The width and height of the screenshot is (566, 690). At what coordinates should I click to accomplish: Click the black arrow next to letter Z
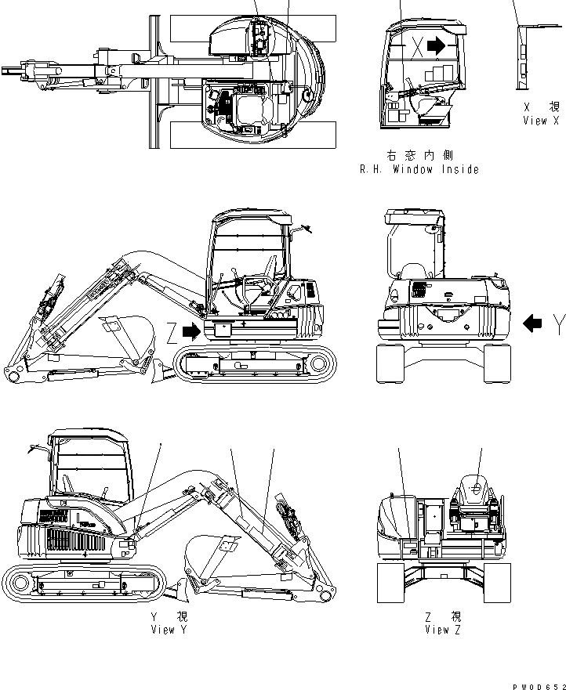190,331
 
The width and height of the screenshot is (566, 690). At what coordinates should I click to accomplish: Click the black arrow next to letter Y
532,323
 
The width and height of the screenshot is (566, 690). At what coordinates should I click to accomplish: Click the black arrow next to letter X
436,46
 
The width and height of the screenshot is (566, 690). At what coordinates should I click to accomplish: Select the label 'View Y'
169,630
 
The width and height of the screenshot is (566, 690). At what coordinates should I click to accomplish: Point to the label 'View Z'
442,630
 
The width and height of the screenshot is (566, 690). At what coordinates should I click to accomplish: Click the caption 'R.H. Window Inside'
419,169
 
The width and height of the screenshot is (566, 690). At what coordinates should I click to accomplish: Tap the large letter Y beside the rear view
557,323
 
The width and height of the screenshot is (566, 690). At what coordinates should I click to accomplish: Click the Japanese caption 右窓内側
419,156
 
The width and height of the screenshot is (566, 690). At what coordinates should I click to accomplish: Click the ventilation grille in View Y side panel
75,540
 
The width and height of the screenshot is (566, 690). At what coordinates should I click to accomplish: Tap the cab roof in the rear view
412,212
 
